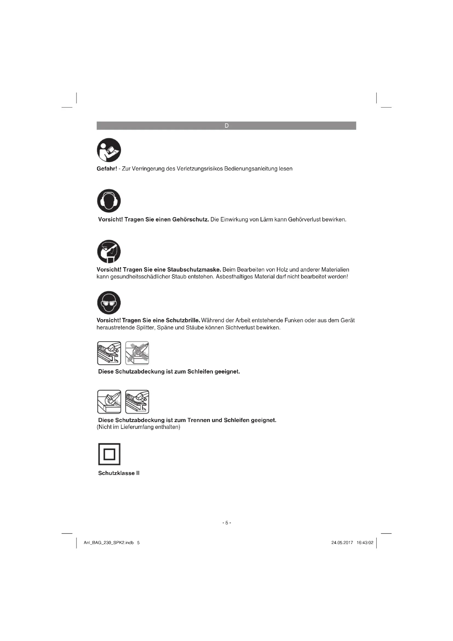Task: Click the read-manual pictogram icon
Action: (109, 150)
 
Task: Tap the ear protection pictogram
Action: (109, 201)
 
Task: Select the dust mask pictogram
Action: (109, 251)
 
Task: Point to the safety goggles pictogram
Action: (109, 303)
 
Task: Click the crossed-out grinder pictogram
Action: (137, 353)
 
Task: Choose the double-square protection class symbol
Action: (109, 454)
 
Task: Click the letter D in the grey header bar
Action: (226, 126)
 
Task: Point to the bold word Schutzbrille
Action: (183, 320)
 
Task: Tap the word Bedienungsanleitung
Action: (251, 169)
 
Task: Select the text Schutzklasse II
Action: (119, 473)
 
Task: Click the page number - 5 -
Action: (226, 523)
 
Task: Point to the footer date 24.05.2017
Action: (342, 543)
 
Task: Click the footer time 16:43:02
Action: (365, 543)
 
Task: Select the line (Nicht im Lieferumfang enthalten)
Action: (138, 427)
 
